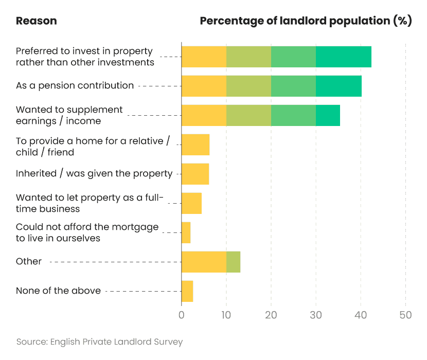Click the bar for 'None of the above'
click(x=187, y=291)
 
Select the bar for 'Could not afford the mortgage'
click(x=186, y=232)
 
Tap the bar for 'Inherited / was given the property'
click(x=195, y=174)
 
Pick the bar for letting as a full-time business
click(x=191, y=203)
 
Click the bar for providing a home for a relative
click(x=195, y=145)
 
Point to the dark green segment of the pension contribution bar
click(x=339, y=86)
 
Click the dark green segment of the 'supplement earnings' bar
click(x=328, y=115)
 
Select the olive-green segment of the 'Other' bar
click(x=233, y=262)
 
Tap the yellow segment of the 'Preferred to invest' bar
click(x=204, y=57)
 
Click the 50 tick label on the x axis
click(x=405, y=315)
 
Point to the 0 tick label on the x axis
click(x=182, y=315)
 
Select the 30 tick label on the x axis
click(x=316, y=315)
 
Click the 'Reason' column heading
click(x=36, y=21)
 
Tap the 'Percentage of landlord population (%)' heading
click(x=306, y=21)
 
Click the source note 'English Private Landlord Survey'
click(x=99, y=341)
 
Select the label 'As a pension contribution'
click(x=75, y=85)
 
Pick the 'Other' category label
click(x=29, y=261)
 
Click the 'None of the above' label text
click(x=58, y=291)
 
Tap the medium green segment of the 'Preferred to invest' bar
click(x=293, y=57)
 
